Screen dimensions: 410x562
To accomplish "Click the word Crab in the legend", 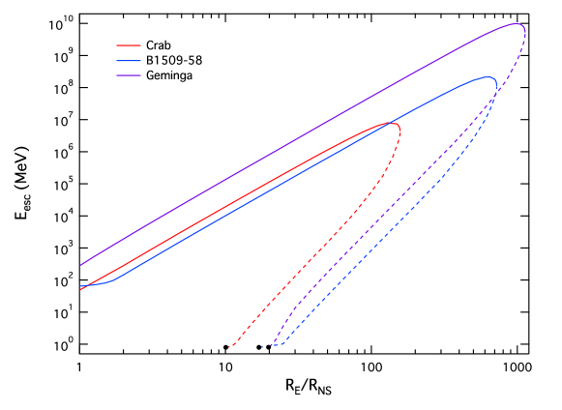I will pos(158,45).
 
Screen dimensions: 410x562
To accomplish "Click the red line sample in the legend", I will pos(129,45).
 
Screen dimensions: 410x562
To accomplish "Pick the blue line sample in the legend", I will pos(129,60).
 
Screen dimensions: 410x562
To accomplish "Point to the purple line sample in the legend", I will pos(129,74).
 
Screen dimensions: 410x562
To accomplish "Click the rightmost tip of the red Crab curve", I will pos(399,124).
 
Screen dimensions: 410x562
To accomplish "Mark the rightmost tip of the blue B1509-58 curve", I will pos(497,85).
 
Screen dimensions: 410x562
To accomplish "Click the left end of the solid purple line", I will pos(80,265).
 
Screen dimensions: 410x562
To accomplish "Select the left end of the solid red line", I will pos(80,287).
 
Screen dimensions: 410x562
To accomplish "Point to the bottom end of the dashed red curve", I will pos(230,346).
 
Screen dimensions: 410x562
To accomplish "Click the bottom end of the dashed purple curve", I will pos(272,345).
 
